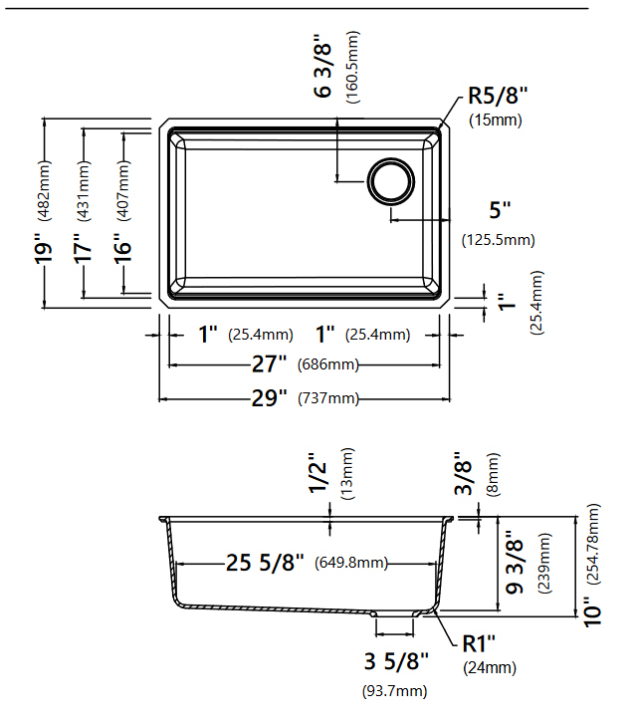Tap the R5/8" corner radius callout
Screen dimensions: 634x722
[x=498, y=96]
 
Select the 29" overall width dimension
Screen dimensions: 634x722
[x=269, y=397]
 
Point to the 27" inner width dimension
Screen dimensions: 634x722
[x=269, y=364]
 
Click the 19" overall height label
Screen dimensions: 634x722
[x=43, y=249]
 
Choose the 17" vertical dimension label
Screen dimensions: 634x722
[x=83, y=249]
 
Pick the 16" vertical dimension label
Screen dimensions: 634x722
[x=122, y=249]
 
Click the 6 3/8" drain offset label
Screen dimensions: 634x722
[x=322, y=65]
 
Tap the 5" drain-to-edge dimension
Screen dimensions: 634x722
[x=500, y=210]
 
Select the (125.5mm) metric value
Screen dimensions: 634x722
[x=499, y=240]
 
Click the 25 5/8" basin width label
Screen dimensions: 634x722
[x=265, y=563]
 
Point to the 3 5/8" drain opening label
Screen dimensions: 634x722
[x=396, y=661]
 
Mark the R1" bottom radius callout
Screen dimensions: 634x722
[x=479, y=643]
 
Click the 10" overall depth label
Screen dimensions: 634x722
[x=592, y=611]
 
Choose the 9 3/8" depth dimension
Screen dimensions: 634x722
[x=515, y=562]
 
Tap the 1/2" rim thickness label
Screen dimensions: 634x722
[x=317, y=473]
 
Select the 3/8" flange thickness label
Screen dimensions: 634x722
[x=463, y=473]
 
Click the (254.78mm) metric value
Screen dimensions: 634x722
[x=594, y=544]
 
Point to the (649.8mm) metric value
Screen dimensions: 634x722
[x=351, y=563]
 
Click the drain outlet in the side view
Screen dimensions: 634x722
[x=395, y=613]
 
